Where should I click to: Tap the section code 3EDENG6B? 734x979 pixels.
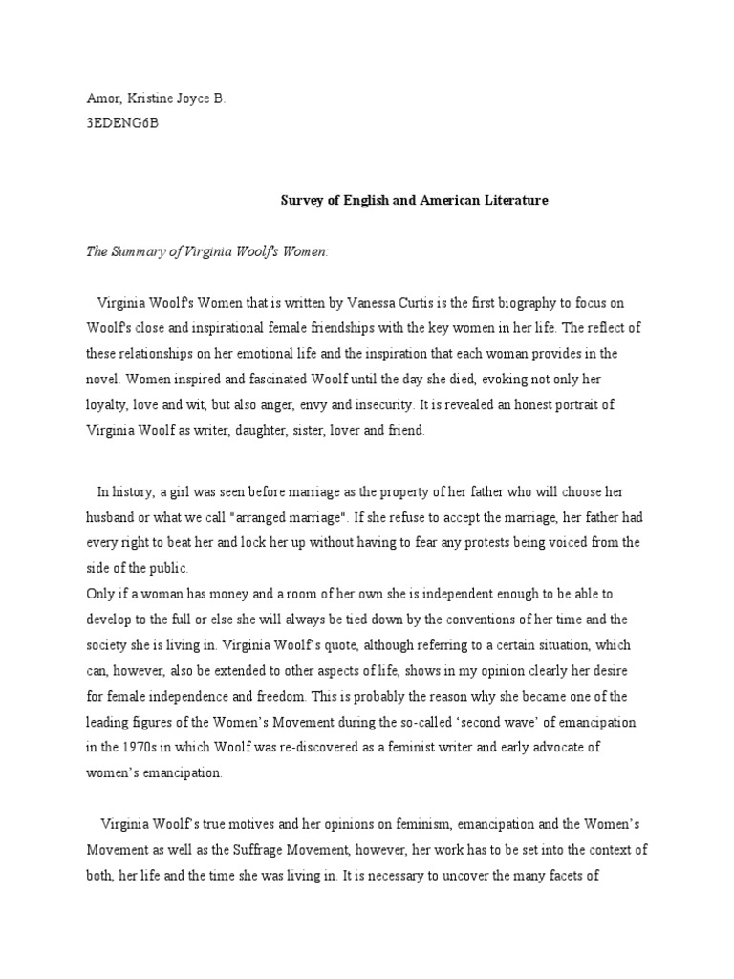click(118, 123)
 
